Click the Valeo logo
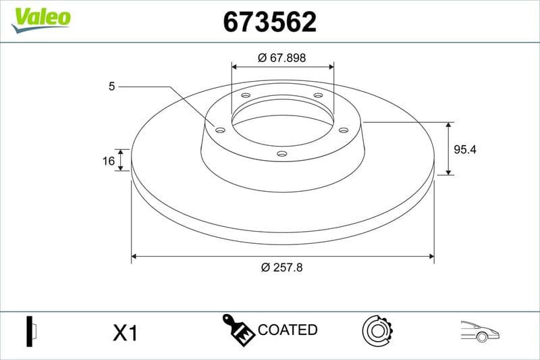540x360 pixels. pos(40,18)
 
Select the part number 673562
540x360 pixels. pos(270,23)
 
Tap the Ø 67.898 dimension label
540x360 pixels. pos(282,58)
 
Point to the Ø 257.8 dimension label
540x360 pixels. pos(282,267)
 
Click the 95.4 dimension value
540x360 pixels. pos(464,150)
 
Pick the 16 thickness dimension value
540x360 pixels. pos(108,161)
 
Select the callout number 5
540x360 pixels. pos(112,86)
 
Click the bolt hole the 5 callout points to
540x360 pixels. pos(220,130)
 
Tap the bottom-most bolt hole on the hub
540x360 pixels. pos(282,154)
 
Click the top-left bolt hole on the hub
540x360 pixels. pos(246,96)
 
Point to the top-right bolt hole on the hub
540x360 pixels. pos(317,96)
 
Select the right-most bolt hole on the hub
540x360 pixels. pos(343,130)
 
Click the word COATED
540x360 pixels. pos(288,330)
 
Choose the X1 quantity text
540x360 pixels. pos(125,332)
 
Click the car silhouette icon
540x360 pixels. pos(479,331)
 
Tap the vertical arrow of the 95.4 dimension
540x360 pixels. pos(449,149)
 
